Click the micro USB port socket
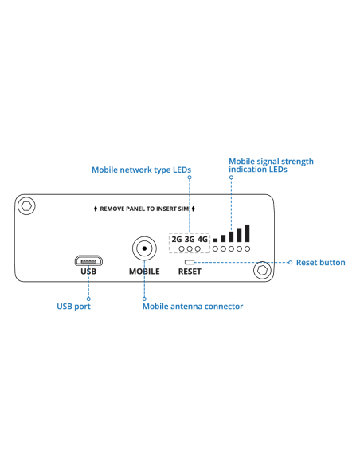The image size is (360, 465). pyautogui.click(x=88, y=260)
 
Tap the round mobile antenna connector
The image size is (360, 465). pyautogui.click(x=144, y=249)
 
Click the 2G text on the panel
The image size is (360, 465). pyautogui.click(x=176, y=238)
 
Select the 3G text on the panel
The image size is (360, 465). pyautogui.click(x=190, y=238)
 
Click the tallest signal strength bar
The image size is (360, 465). pyautogui.click(x=248, y=232)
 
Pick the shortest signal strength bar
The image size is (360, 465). pyautogui.click(x=215, y=239)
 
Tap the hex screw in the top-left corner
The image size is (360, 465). pyautogui.click(x=27, y=205)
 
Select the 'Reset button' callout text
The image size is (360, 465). pyautogui.click(x=321, y=262)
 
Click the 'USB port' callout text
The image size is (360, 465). pyautogui.click(x=73, y=306)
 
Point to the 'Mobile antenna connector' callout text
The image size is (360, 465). pyautogui.click(x=193, y=306)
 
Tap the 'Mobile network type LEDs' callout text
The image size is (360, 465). pyautogui.click(x=142, y=170)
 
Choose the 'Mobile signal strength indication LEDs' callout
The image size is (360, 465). pyautogui.click(x=271, y=166)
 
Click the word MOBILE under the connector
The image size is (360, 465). pyautogui.click(x=144, y=272)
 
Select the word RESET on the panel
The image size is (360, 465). pyautogui.click(x=190, y=272)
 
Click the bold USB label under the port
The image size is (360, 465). pyautogui.click(x=88, y=272)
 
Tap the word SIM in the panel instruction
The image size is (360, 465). pyautogui.click(x=182, y=208)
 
